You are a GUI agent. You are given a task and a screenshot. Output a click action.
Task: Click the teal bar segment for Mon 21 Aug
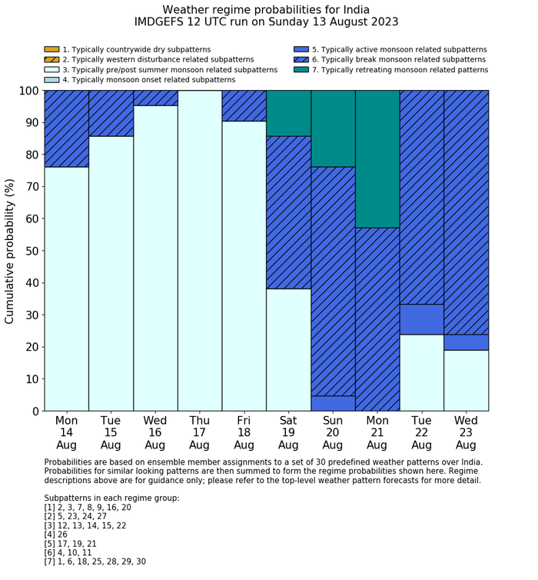click(x=377, y=158)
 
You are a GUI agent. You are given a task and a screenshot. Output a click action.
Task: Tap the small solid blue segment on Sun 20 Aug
click(x=333, y=403)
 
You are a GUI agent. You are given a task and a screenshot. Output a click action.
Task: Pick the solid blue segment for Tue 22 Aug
click(x=422, y=319)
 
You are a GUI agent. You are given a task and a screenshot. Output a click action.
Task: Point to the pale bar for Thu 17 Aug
click(x=200, y=251)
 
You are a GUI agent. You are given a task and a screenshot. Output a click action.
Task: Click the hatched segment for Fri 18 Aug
click(x=244, y=105)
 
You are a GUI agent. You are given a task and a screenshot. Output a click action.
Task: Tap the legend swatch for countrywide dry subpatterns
click(x=51, y=49)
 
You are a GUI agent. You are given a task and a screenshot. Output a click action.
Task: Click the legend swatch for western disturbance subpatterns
click(x=51, y=59)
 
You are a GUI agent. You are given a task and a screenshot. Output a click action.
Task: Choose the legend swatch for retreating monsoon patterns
click(x=301, y=69)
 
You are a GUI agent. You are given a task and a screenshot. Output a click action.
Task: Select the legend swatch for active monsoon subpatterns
click(x=301, y=49)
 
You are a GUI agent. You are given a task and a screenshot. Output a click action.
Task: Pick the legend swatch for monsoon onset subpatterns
click(x=51, y=79)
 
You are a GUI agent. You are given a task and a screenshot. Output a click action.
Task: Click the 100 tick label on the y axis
click(x=26, y=91)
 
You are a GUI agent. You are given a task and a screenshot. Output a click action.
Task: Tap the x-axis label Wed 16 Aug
click(x=155, y=432)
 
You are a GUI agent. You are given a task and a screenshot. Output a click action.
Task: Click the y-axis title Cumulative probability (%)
click(x=10, y=251)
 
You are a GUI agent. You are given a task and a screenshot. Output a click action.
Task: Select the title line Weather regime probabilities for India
click(x=266, y=9)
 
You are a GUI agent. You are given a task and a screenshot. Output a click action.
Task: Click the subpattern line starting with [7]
click(x=95, y=562)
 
